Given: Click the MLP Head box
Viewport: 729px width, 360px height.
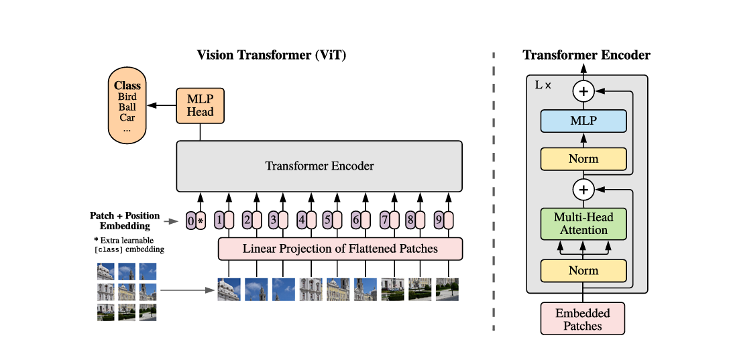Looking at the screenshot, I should coord(200,105).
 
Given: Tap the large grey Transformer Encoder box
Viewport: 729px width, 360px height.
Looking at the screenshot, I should coord(319,166).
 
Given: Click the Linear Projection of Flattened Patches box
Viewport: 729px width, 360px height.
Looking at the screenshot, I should coord(340,249).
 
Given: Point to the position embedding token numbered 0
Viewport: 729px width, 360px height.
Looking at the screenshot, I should coord(190,220).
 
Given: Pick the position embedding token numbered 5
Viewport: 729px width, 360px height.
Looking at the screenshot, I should coord(327,219).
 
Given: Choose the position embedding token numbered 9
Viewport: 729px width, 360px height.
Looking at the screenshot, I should coord(438,219).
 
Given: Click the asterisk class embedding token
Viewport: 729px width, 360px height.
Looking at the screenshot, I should coord(200,220).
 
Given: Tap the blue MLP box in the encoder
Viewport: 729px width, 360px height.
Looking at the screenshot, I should coord(583,121).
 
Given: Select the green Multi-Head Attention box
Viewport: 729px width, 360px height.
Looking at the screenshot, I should coord(583,224).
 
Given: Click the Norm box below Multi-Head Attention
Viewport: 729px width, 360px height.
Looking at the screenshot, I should coord(583,271).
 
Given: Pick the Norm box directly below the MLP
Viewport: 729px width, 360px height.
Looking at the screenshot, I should coord(583,159).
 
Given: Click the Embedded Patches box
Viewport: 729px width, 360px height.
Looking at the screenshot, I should coord(583,319).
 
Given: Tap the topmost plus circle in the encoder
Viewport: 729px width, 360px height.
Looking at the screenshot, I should coord(583,91).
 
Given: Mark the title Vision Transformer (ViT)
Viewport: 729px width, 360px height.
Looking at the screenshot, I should coord(272,55).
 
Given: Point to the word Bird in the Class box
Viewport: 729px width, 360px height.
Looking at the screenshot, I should coord(127,97).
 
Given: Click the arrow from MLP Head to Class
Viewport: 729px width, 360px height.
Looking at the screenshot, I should coord(161,106).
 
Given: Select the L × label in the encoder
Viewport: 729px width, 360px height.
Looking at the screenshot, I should coord(543,86).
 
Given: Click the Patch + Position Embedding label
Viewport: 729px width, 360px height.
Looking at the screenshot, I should coord(125,221).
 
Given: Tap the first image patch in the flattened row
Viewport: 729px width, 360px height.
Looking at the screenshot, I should coord(229,289).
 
